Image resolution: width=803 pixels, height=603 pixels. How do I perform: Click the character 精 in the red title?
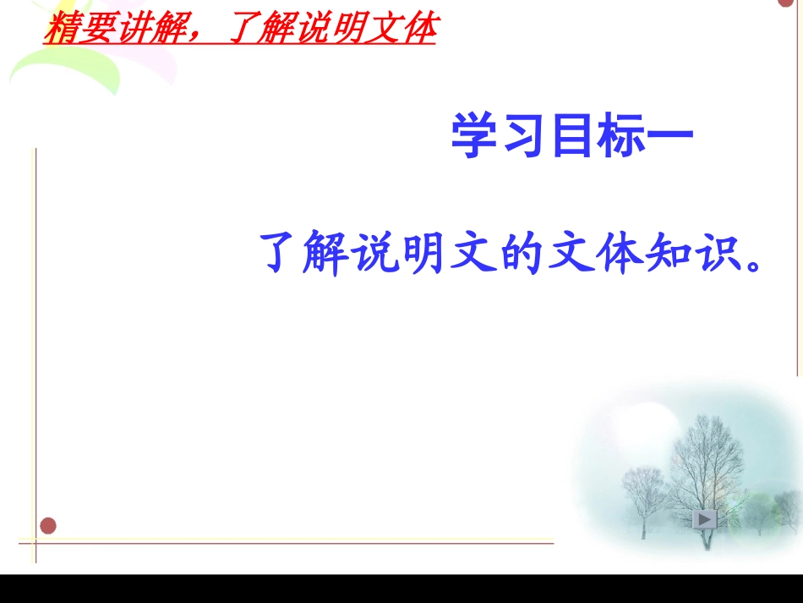[x=59, y=30]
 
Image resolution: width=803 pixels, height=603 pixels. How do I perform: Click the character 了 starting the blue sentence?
[x=281, y=253]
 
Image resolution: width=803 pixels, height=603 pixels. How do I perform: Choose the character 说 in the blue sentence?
[x=373, y=253]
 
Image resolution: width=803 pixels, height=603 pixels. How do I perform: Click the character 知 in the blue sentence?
[x=652, y=253]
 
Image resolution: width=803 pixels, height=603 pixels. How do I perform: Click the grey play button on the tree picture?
[x=705, y=518]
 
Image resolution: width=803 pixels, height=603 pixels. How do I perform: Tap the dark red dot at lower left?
[x=48, y=526]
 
